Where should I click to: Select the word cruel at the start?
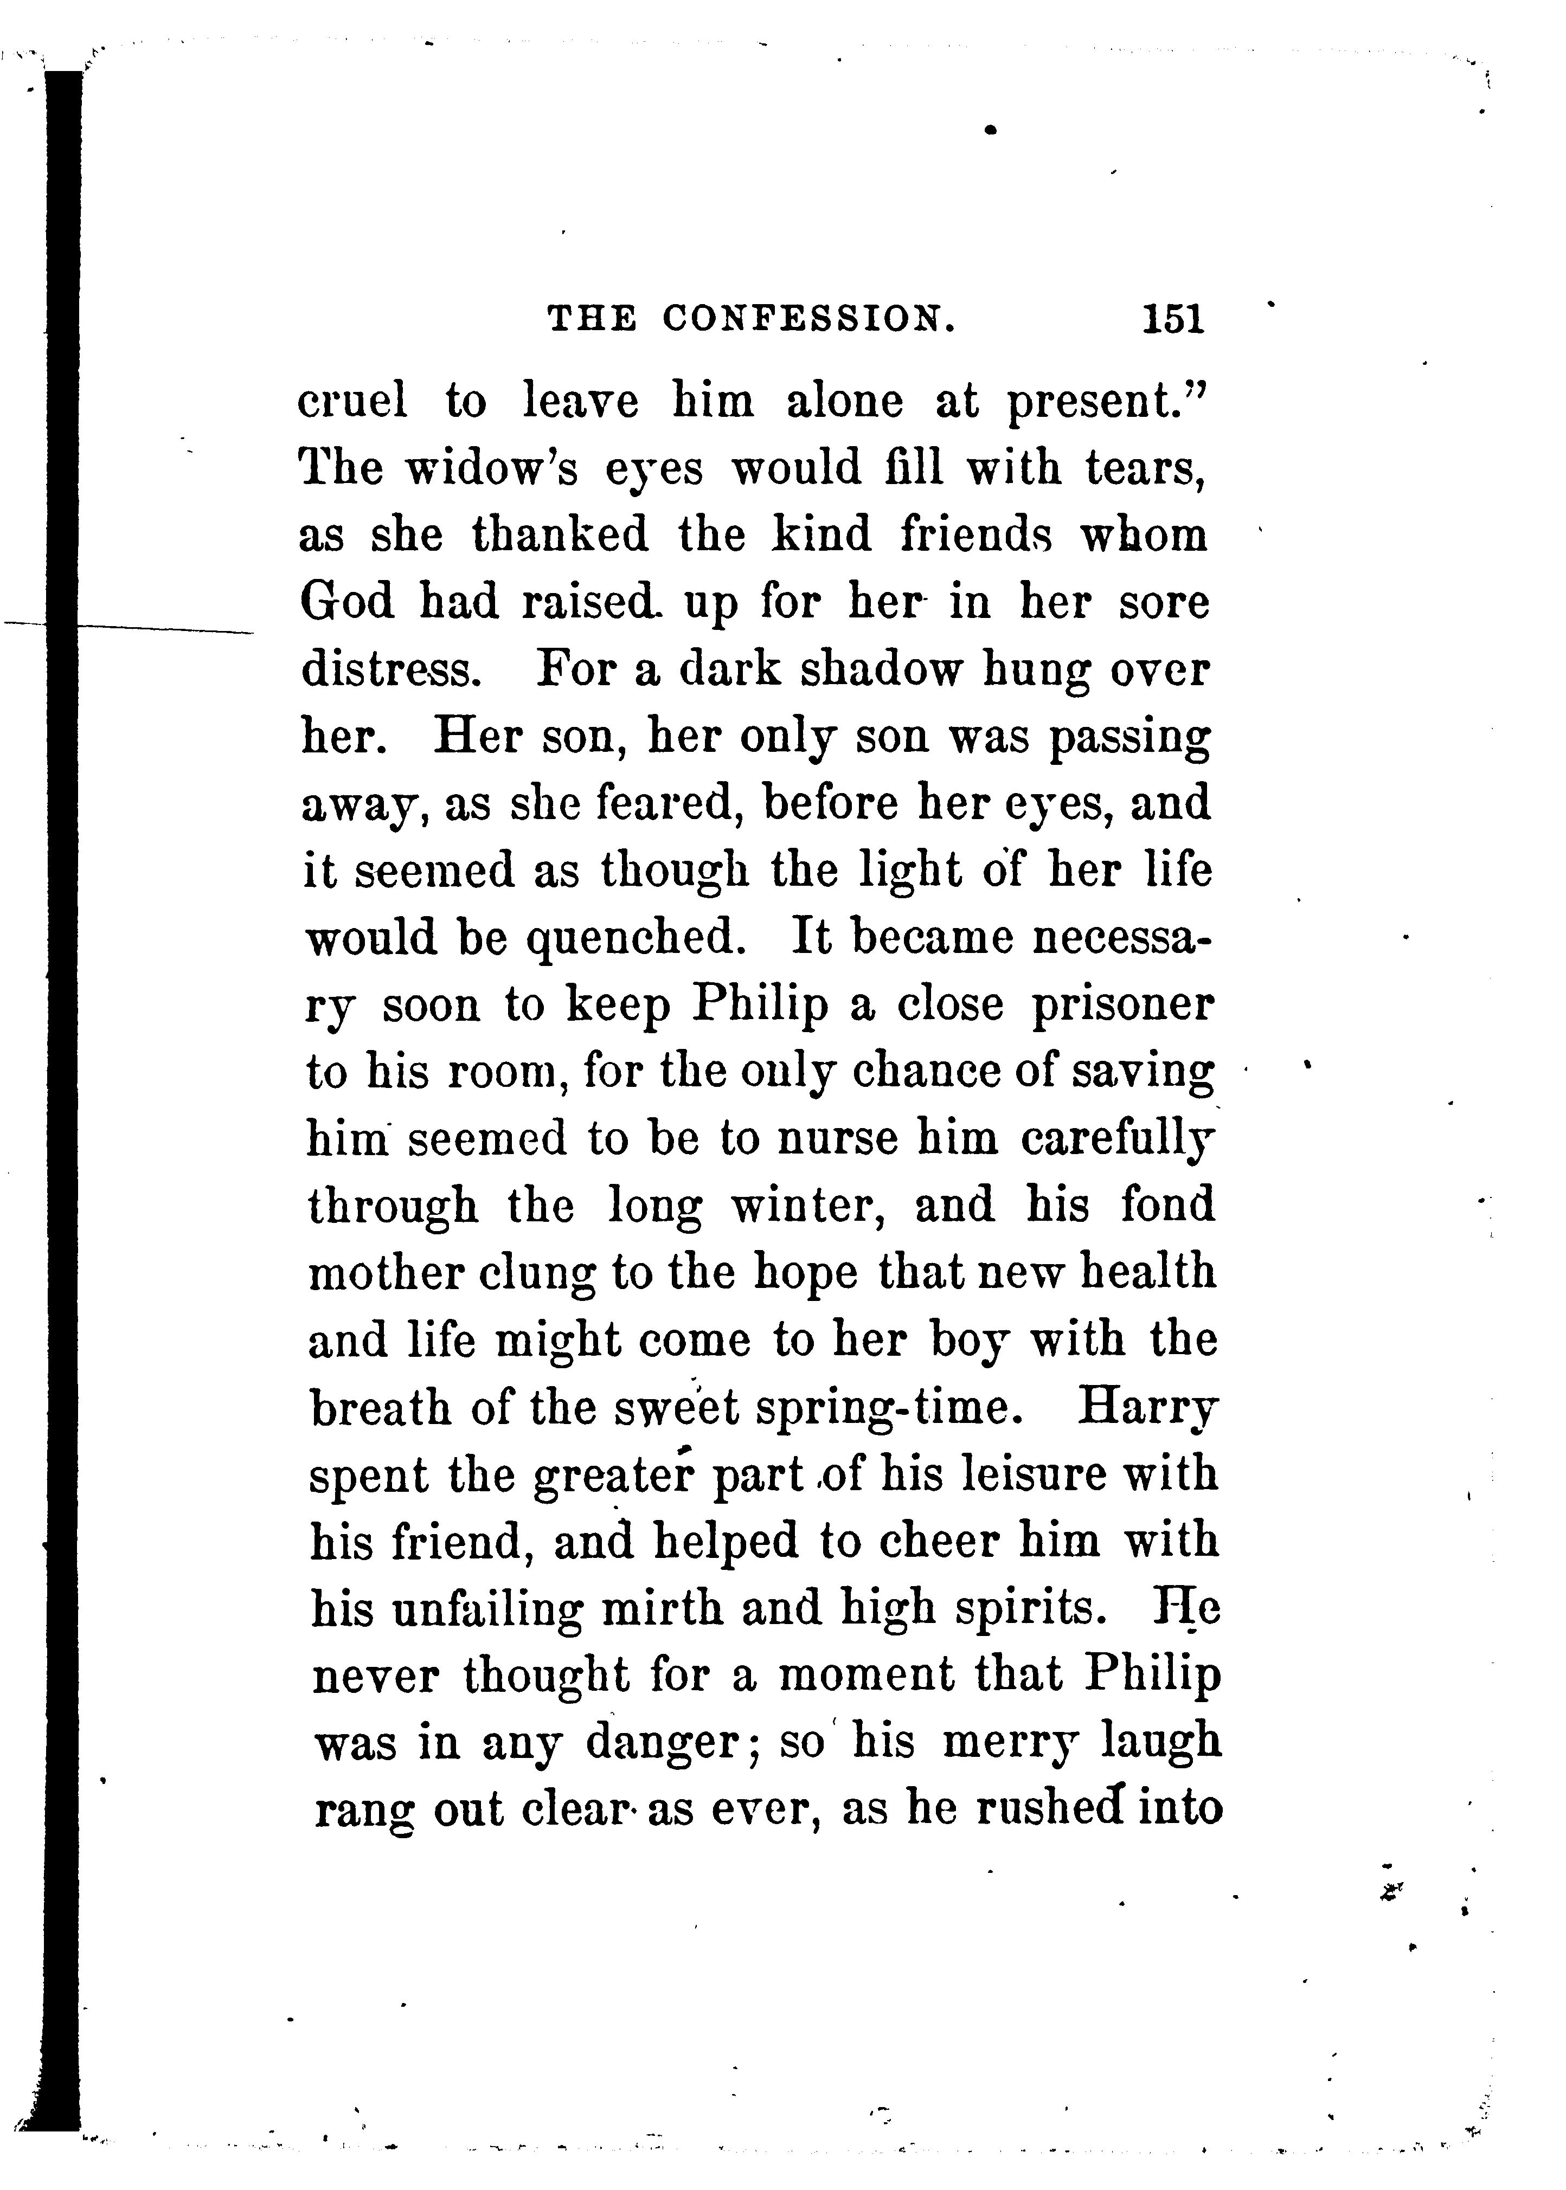353,401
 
